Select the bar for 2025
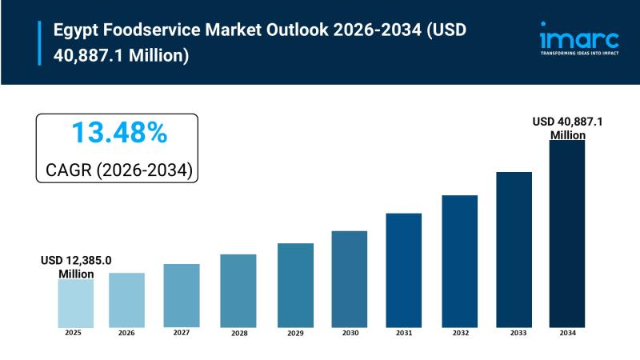pos(75,302)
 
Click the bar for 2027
pos(182,295)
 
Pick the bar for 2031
pos(403,270)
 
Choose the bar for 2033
pos(514,249)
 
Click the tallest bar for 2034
pos(566,233)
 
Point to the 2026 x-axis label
pos(127,332)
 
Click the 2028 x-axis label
pos(238,333)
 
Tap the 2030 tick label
pos(350,332)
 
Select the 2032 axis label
pos(459,332)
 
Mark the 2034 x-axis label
pos(566,332)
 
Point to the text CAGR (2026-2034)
pos(118,170)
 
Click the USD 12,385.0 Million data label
pos(76,267)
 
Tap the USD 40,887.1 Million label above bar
pos(568,128)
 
